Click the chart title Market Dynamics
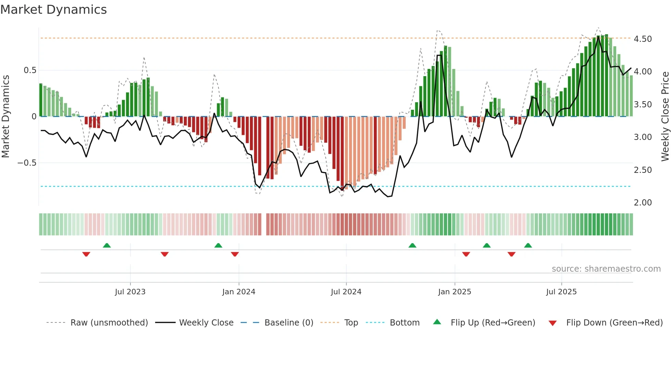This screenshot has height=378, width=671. (x=54, y=10)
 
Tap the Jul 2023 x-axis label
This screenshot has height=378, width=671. (x=130, y=292)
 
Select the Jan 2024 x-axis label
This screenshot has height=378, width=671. (x=239, y=292)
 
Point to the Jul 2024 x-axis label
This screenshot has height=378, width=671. (x=346, y=292)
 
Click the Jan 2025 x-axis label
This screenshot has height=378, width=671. (x=455, y=292)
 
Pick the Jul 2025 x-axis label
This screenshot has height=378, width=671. (x=561, y=292)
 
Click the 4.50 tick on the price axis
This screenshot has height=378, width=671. (x=643, y=39)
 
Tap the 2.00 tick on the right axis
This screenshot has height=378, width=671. (x=643, y=203)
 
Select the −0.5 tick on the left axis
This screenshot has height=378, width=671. (x=27, y=163)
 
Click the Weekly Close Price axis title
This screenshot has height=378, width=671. (x=665, y=117)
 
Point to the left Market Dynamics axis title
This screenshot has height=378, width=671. (x=5, y=117)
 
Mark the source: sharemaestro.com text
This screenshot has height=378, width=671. (x=606, y=269)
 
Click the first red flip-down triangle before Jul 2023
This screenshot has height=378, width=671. (x=86, y=254)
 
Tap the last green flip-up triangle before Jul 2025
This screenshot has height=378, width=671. (x=528, y=245)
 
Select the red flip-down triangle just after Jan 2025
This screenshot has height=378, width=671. (x=466, y=254)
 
